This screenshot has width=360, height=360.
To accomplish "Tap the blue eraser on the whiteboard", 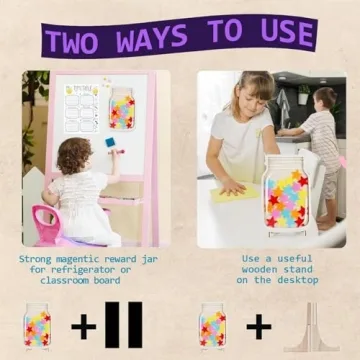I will tap(108, 144).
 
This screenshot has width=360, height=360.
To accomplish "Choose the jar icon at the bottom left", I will tap(38, 326).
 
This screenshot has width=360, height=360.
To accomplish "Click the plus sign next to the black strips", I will tap(84, 326).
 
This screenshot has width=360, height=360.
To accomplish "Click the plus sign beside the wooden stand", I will tap(259, 326).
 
